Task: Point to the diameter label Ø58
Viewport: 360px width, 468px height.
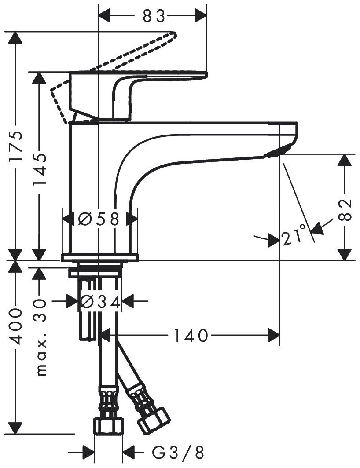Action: click(99, 219)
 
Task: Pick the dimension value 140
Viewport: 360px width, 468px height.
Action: click(189, 336)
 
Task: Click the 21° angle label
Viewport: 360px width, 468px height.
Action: click(294, 237)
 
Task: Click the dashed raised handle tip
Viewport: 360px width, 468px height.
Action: click(172, 35)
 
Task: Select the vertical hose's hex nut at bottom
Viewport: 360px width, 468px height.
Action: click(108, 426)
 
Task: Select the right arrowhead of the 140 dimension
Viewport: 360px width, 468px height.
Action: click(275, 336)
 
